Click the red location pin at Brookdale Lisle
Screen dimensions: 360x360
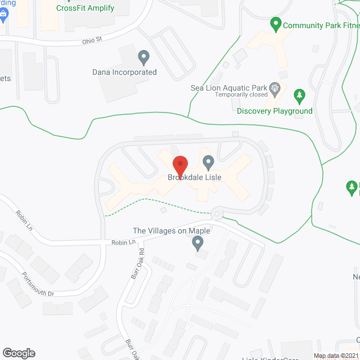(x=180, y=165)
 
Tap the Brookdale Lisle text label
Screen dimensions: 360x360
(x=195, y=177)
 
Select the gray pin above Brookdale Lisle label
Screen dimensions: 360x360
(x=209, y=163)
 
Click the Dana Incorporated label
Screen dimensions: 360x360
(x=124, y=72)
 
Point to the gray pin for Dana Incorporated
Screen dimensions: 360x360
(x=143, y=57)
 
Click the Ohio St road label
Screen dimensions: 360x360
(x=92, y=39)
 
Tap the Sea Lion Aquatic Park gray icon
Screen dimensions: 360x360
(x=275, y=88)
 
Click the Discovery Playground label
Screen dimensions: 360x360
(x=274, y=111)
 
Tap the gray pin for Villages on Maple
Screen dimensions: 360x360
(x=197, y=244)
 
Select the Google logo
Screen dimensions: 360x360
(x=18, y=353)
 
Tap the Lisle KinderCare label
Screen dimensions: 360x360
(x=264, y=358)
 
